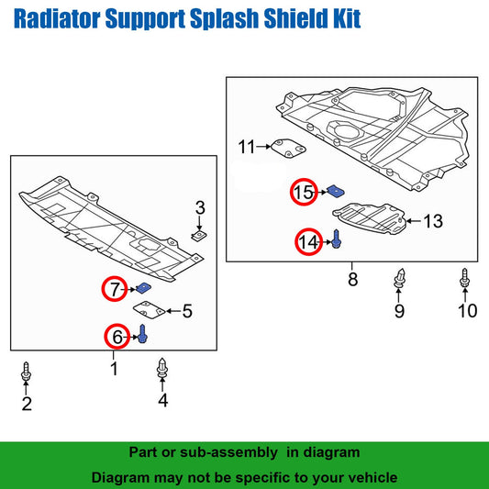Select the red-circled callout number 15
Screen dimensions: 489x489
pos(304,193)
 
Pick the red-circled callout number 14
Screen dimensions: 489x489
pos(308,242)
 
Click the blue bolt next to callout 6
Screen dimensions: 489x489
pos(142,335)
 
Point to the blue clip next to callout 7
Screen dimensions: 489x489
pos(143,291)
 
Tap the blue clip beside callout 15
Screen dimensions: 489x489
pos(337,191)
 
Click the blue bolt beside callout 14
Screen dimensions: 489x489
pos(337,239)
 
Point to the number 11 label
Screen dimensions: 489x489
pos(247,147)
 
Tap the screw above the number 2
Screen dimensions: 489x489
pos(27,374)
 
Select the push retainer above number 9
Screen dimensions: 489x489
pos(399,279)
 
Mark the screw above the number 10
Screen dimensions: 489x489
pos(467,279)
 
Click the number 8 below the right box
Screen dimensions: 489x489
pos(351,279)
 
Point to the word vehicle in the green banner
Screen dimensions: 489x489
pos(366,478)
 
